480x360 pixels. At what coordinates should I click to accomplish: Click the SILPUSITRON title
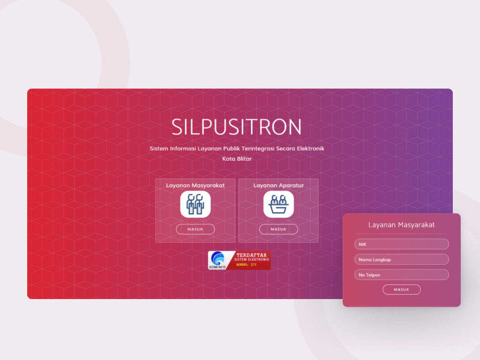(236, 127)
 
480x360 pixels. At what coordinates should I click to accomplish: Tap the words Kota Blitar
(237, 159)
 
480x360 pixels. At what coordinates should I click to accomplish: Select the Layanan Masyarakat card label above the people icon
(195, 185)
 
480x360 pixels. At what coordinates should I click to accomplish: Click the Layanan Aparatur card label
(278, 185)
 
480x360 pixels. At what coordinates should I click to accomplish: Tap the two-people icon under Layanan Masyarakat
(195, 204)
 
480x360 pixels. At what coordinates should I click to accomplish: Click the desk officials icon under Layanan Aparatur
(278, 204)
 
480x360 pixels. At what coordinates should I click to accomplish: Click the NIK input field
(402, 244)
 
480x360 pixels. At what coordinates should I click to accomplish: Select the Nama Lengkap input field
(402, 259)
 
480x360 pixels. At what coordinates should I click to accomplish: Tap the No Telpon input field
(402, 275)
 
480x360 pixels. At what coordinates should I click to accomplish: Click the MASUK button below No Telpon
(402, 290)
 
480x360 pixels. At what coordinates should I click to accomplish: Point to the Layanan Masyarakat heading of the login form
(402, 225)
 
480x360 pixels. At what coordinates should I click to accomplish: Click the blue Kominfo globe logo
(217, 258)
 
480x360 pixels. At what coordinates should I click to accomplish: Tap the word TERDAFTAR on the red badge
(251, 255)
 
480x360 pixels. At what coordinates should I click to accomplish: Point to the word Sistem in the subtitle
(159, 149)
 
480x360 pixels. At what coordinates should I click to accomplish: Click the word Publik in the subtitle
(232, 149)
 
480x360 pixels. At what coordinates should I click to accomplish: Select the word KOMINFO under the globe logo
(217, 267)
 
